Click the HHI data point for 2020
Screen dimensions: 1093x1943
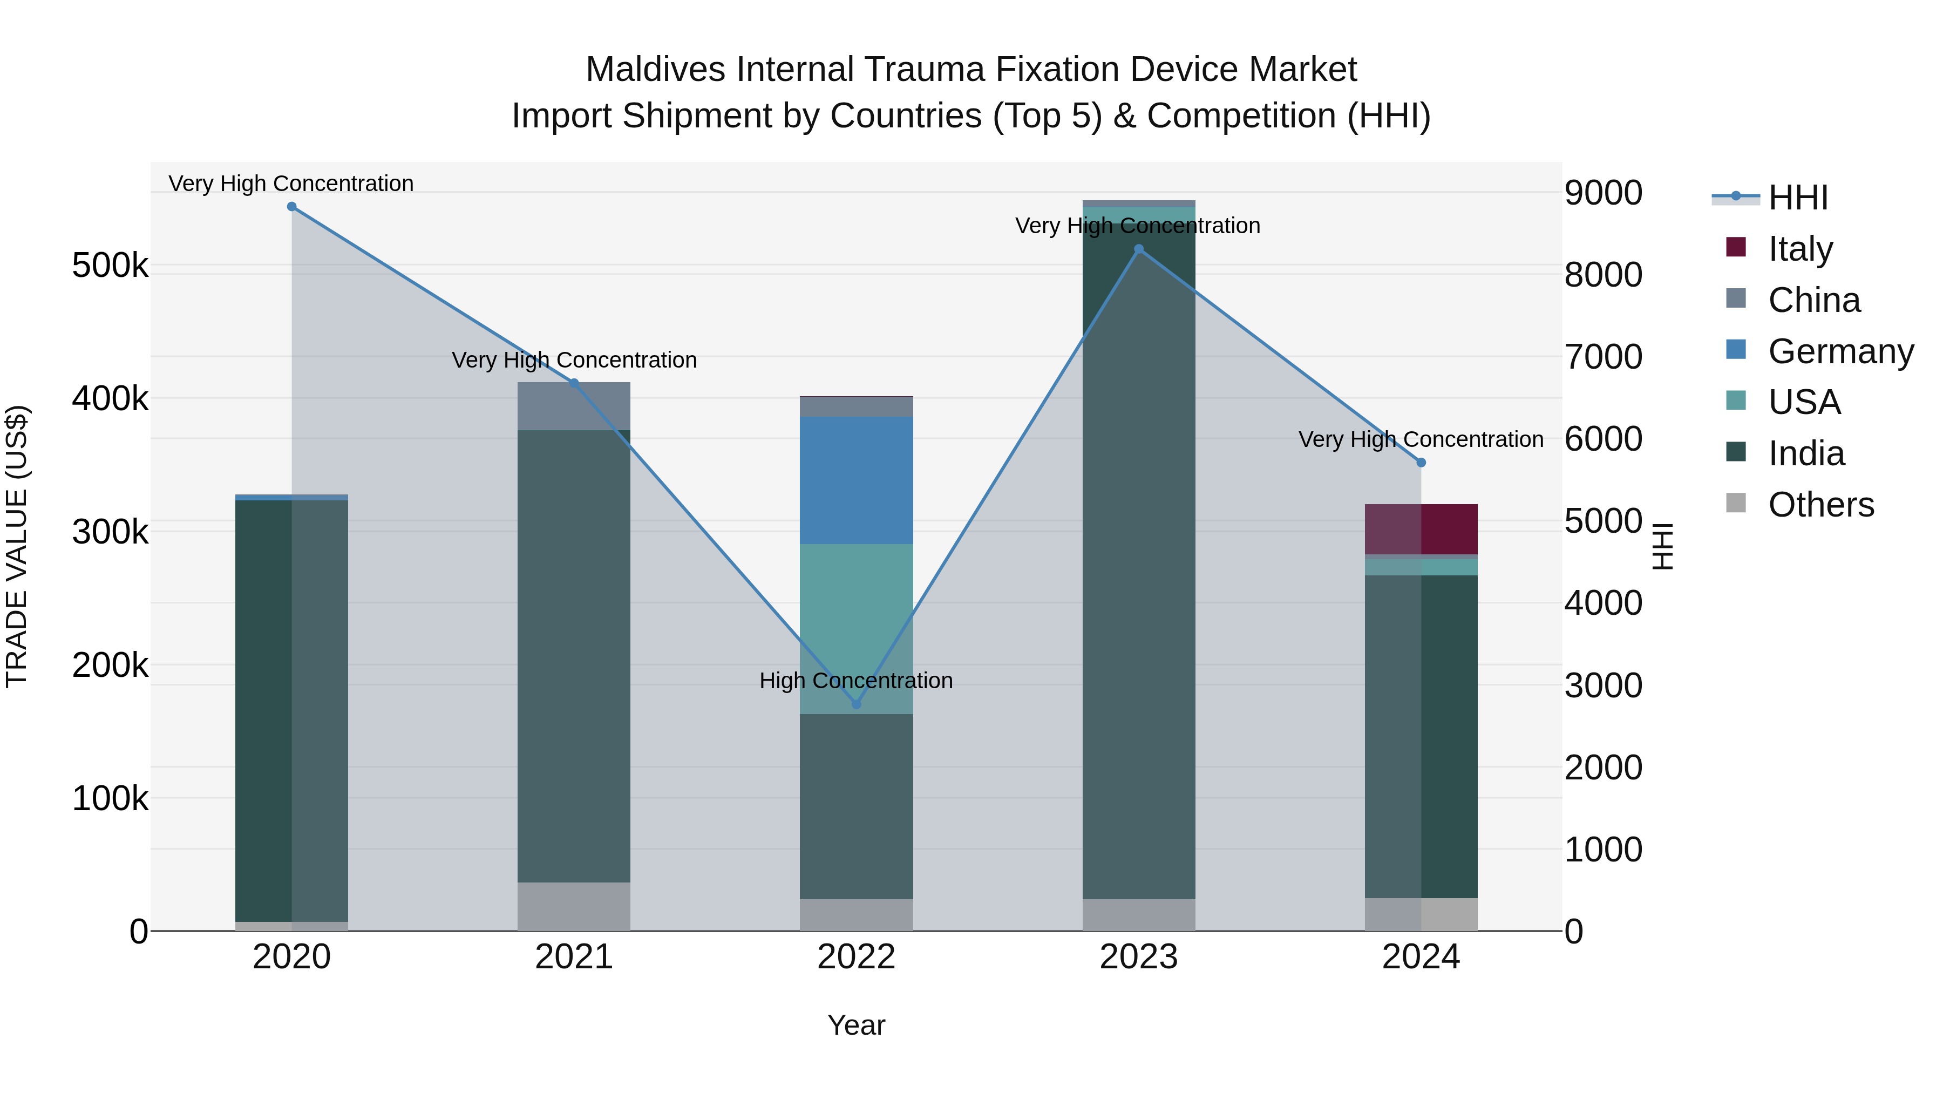pyautogui.click(x=292, y=207)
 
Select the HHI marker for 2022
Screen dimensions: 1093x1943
pyautogui.click(x=856, y=704)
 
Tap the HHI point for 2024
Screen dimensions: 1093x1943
pyautogui.click(x=1421, y=463)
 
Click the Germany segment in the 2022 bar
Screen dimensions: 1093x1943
pyautogui.click(x=856, y=480)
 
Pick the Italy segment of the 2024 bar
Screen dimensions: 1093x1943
pyautogui.click(x=1421, y=529)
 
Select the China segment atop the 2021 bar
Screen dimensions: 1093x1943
pyautogui.click(x=574, y=406)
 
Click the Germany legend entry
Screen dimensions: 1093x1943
pyautogui.click(x=1840, y=351)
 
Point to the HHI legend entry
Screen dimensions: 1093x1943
pyautogui.click(x=1797, y=198)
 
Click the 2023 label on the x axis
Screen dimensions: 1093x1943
pyautogui.click(x=1138, y=957)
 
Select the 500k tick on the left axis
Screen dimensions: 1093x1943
pyautogui.click(x=110, y=266)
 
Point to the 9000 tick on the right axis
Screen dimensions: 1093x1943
pyautogui.click(x=1603, y=193)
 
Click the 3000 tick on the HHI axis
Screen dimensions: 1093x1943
pyautogui.click(x=1603, y=685)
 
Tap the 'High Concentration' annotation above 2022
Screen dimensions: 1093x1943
pyautogui.click(x=856, y=681)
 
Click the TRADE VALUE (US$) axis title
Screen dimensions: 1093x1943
pyautogui.click(x=17, y=546)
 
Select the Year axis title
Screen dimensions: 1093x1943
pyautogui.click(x=856, y=1025)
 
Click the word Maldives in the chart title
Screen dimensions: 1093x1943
pyautogui.click(x=655, y=70)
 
